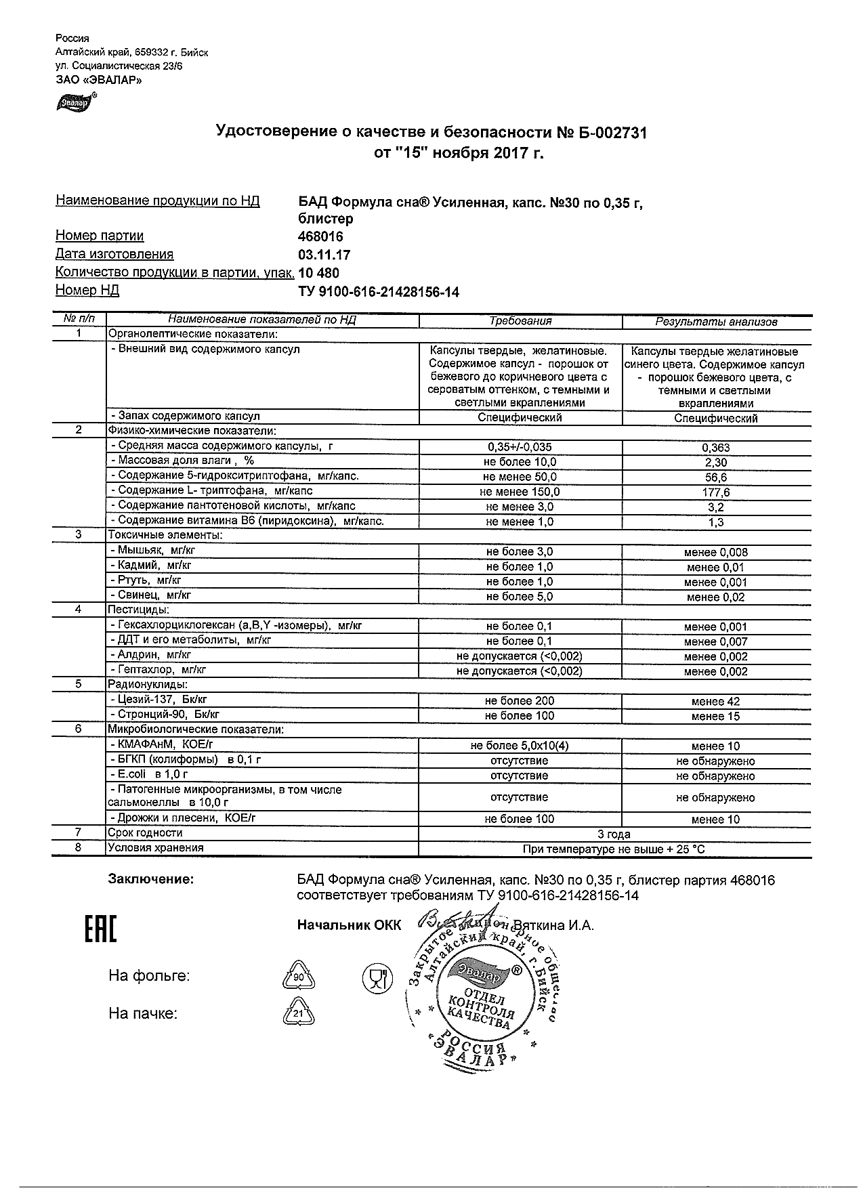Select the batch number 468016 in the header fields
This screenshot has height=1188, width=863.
tap(320, 236)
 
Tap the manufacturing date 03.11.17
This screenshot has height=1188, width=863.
tap(324, 255)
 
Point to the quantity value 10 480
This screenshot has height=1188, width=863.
tap(318, 273)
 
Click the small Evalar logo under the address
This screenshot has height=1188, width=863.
tap(75, 102)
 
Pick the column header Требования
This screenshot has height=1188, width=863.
tap(520, 321)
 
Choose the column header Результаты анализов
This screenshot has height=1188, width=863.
tap(716, 322)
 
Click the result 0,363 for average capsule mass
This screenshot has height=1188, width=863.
tap(716, 448)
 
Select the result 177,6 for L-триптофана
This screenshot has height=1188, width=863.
tap(716, 492)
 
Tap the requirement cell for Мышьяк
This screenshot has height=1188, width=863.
tap(520, 552)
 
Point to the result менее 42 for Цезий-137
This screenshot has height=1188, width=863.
tap(716, 702)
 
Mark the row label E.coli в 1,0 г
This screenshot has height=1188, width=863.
tap(148, 774)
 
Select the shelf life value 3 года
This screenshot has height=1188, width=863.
tap(614, 834)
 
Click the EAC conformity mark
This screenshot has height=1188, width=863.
tap(100, 929)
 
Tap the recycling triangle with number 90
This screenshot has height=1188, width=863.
tap(298, 977)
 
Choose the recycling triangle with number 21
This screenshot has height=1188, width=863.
tap(298, 1014)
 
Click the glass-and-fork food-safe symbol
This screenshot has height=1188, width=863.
tap(378, 977)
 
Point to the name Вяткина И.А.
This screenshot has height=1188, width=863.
tap(553, 925)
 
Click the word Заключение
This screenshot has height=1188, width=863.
tap(150, 879)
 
